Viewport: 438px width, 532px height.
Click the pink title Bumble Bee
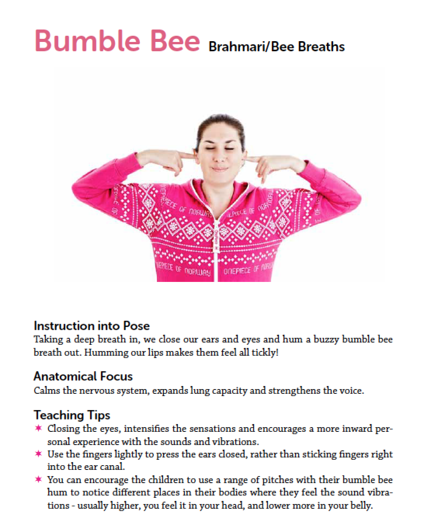click(x=116, y=40)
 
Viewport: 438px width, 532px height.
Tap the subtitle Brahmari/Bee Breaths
click(x=276, y=47)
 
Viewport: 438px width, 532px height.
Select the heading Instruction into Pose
click(x=92, y=325)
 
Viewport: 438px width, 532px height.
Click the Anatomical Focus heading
click(x=83, y=376)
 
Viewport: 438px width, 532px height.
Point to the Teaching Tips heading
click(x=72, y=415)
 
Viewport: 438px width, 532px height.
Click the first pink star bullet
click(x=38, y=429)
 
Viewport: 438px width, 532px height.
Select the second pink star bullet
click(x=38, y=454)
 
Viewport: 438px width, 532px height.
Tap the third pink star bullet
click(x=38, y=480)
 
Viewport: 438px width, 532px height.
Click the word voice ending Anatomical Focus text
click(x=353, y=390)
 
